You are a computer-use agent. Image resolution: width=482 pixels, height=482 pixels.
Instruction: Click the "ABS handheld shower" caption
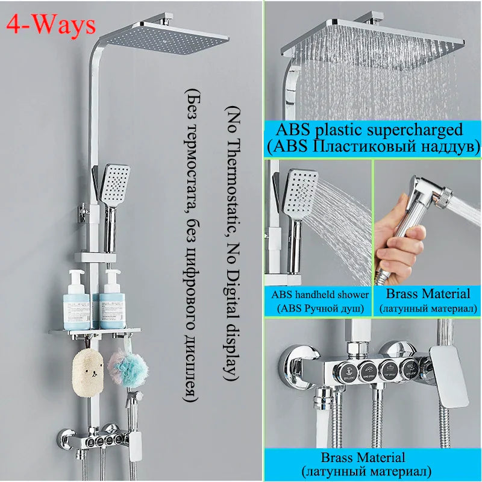(319, 295)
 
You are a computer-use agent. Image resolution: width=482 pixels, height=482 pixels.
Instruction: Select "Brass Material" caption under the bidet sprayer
(428, 294)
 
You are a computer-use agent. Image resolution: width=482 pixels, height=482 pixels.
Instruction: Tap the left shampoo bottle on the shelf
(78, 297)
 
